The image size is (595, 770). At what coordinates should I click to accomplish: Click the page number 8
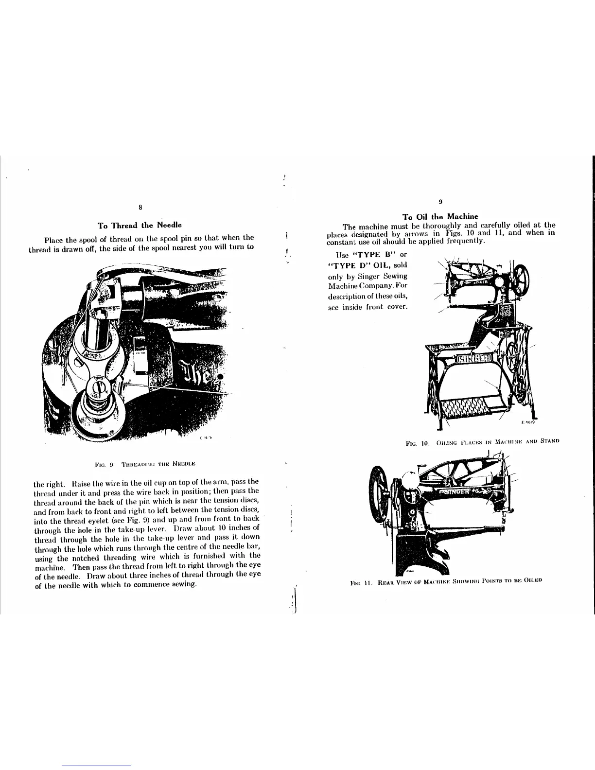(140, 208)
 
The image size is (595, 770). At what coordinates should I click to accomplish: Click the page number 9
(440, 201)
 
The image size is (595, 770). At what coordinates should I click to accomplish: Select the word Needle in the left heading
(168, 226)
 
